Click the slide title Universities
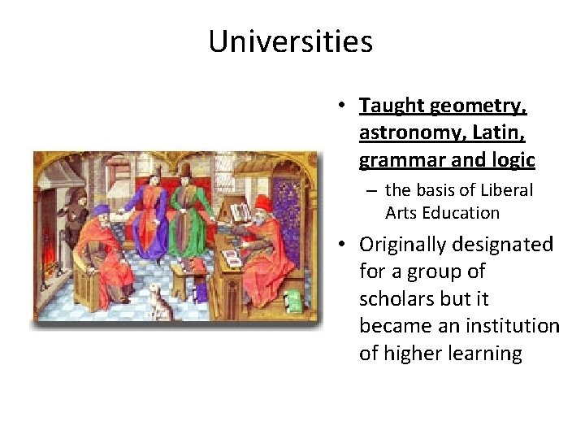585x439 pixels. pos(290,41)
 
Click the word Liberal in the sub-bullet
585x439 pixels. pos(504,190)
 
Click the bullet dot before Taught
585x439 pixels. pos(344,106)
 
